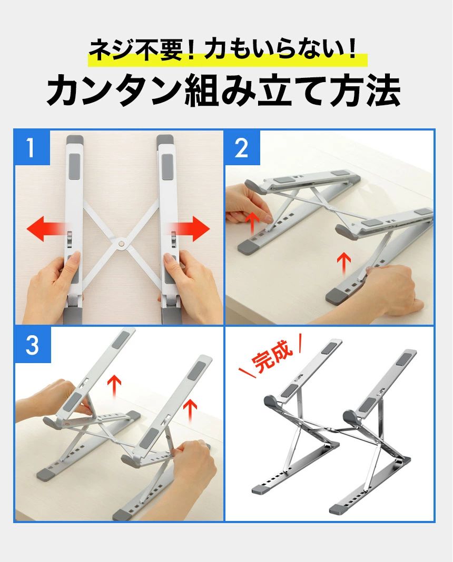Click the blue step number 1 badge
(x=32, y=147)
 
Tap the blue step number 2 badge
(x=242, y=147)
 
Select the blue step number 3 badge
(x=33, y=345)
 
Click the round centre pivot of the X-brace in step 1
(x=121, y=244)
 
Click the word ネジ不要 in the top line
(x=135, y=50)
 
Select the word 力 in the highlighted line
(x=215, y=50)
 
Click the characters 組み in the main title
(x=220, y=91)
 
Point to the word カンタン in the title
(x=114, y=91)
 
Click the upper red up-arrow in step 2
(x=253, y=222)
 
